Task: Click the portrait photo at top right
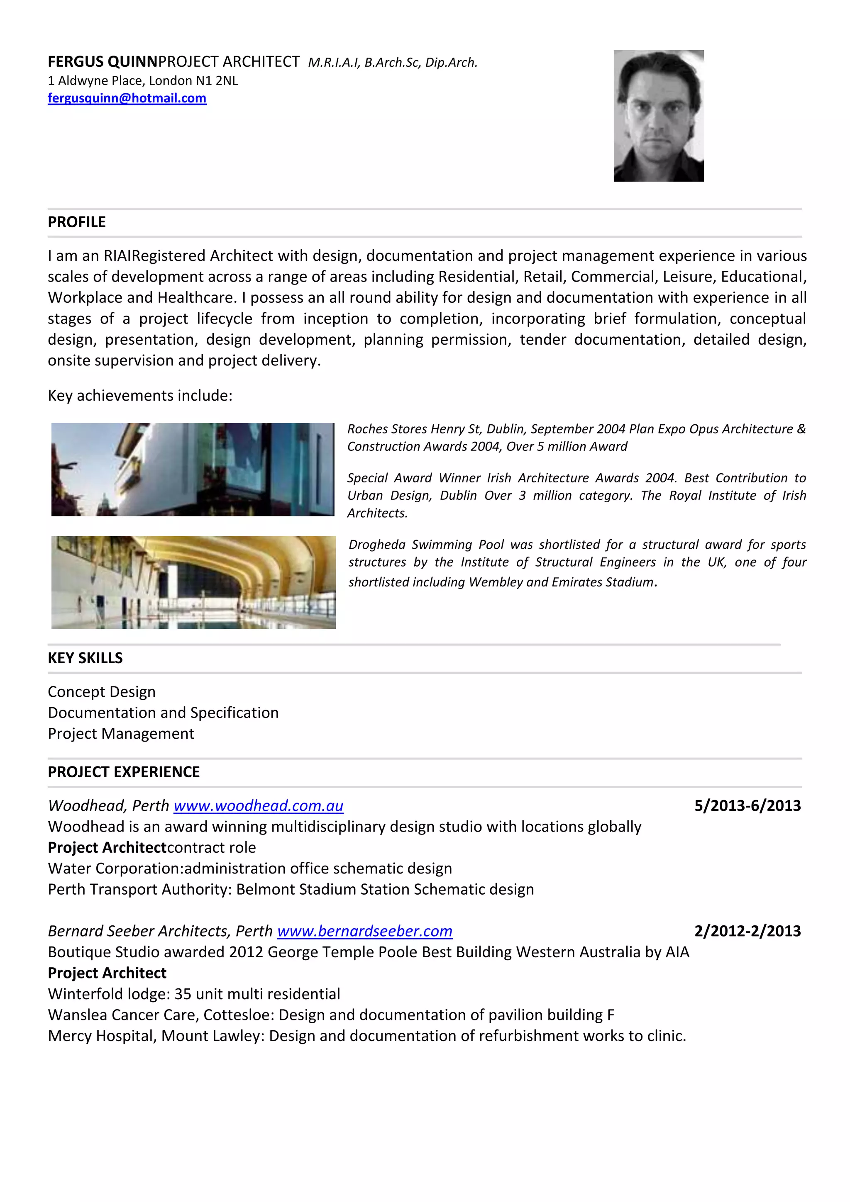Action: pyautogui.click(x=658, y=116)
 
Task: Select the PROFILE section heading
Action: pyautogui.click(x=76, y=222)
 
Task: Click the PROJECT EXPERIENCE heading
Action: pyautogui.click(x=124, y=771)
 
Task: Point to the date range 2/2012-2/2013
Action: pyautogui.click(x=747, y=931)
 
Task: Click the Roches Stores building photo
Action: pyautogui.click(x=193, y=470)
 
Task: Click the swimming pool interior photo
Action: pyautogui.click(x=193, y=582)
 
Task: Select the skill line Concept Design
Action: pyautogui.click(x=102, y=691)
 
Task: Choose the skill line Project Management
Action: pyautogui.click(x=121, y=733)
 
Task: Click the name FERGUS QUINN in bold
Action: pyautogui.click(x=103, y=62)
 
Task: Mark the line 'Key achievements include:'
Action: pyautogui.click(x=140, y=395)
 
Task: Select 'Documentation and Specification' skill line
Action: pyautogui.click(x=163, y=713)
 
